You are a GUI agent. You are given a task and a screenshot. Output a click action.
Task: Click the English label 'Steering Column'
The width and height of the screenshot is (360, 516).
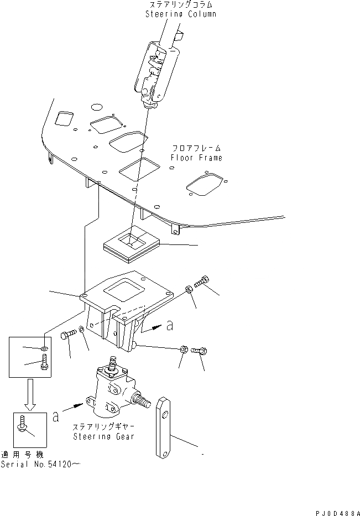[x=180, y=14]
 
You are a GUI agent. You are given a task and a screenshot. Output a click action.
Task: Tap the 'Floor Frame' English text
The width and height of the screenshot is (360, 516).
[x=197, y=158]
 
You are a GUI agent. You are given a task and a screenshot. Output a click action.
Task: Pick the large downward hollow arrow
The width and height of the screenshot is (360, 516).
[x=30, y=394]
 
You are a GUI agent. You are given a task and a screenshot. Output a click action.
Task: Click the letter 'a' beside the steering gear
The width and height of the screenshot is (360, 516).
[x=56, y=416]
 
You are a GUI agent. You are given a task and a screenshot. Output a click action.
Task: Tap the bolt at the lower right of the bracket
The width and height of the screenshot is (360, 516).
[x=200, y=351]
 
